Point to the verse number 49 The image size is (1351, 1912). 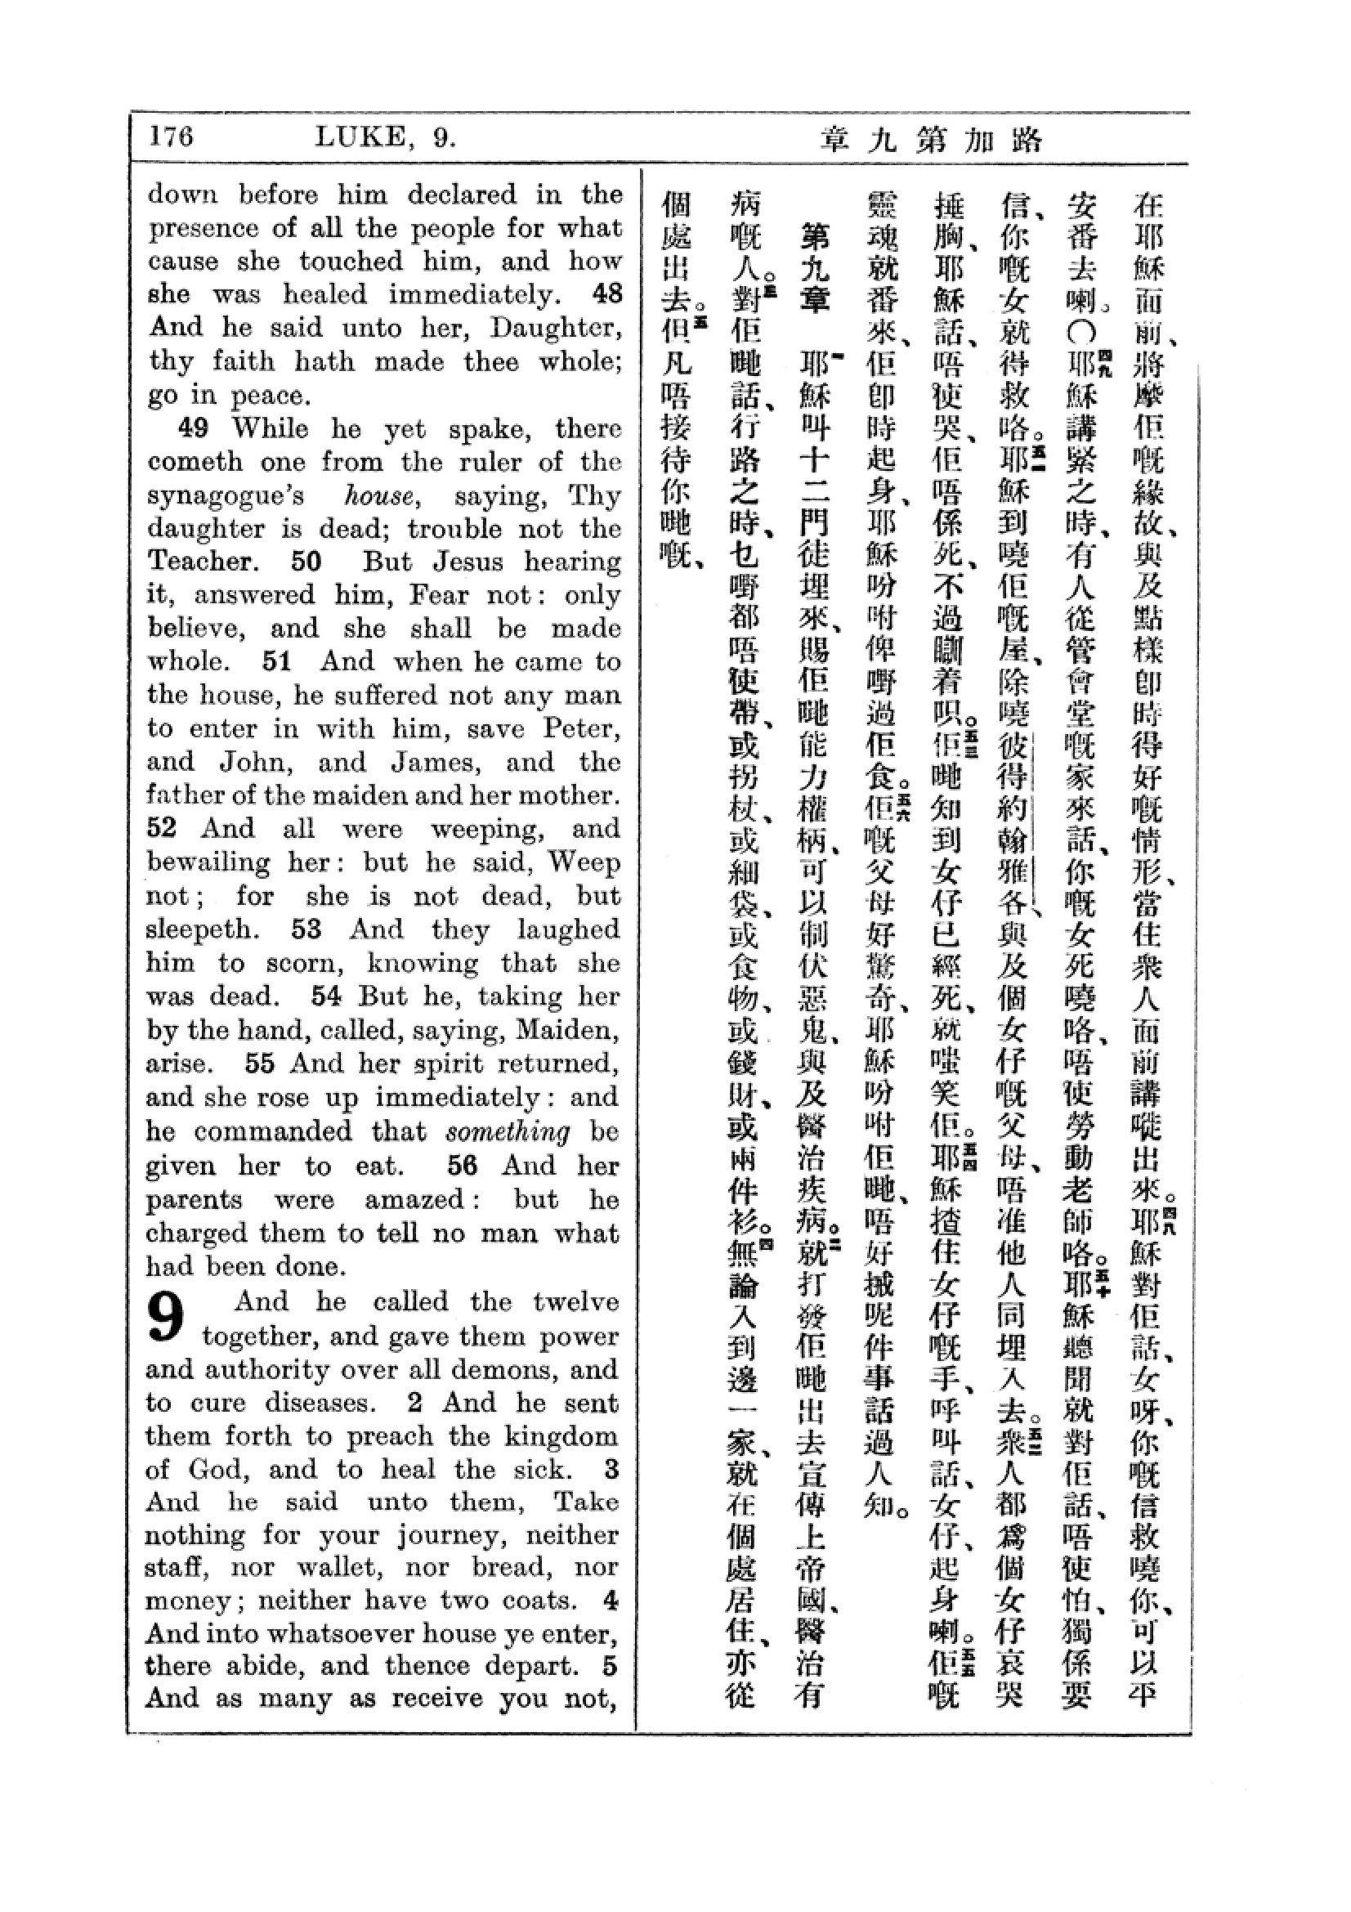(194, 428)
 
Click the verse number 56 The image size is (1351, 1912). (462, 1165)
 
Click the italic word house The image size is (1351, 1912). (382, 495)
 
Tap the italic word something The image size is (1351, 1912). (508, 1131)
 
